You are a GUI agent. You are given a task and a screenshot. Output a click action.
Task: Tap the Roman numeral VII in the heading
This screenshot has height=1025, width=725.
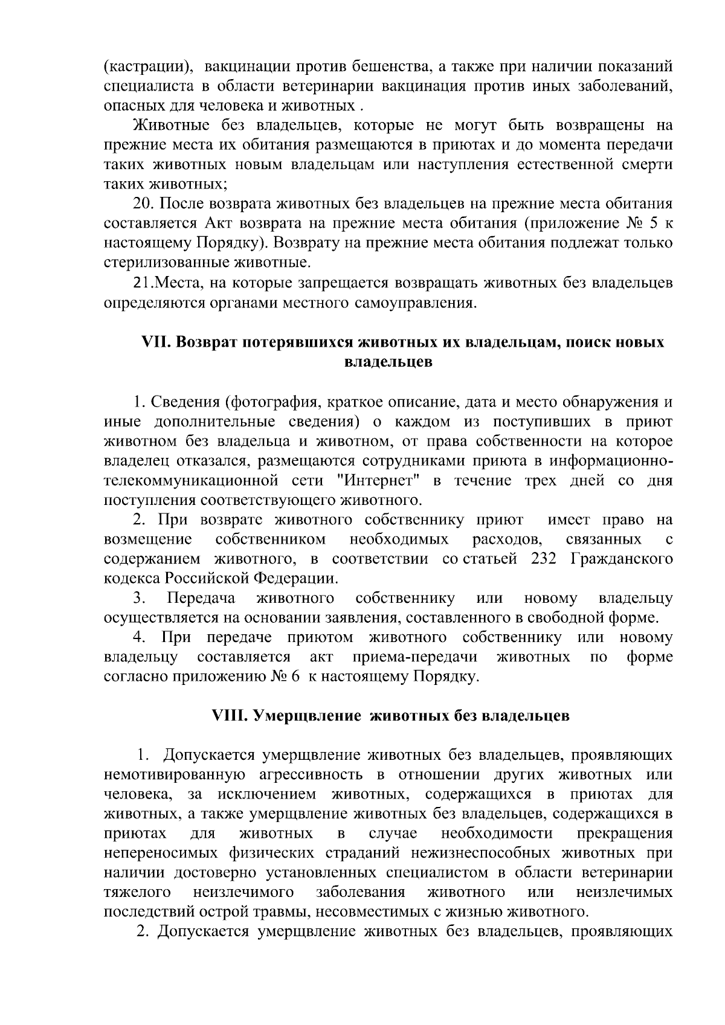153,342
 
